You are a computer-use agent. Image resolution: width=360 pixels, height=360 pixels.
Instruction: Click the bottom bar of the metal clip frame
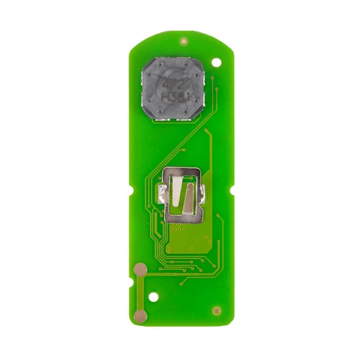pos(181,219)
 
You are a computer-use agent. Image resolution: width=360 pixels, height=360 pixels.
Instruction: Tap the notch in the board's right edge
pos(230,190)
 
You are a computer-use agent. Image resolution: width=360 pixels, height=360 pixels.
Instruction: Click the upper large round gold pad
pos(139,268)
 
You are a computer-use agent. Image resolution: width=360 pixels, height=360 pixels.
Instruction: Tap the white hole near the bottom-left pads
pos(153,297)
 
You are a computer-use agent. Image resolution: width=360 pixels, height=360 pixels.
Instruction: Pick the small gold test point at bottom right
pos(216,310)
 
